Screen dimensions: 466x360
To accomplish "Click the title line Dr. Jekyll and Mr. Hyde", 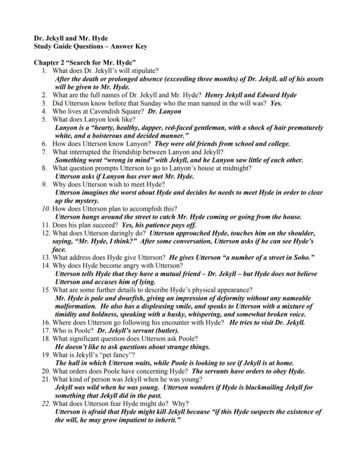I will tap(71, 38).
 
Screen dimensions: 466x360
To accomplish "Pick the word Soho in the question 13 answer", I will tap(300, 258).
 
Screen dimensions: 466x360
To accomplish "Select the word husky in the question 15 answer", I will tap(199, 314).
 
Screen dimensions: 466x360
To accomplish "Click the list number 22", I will tap(46, 403).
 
